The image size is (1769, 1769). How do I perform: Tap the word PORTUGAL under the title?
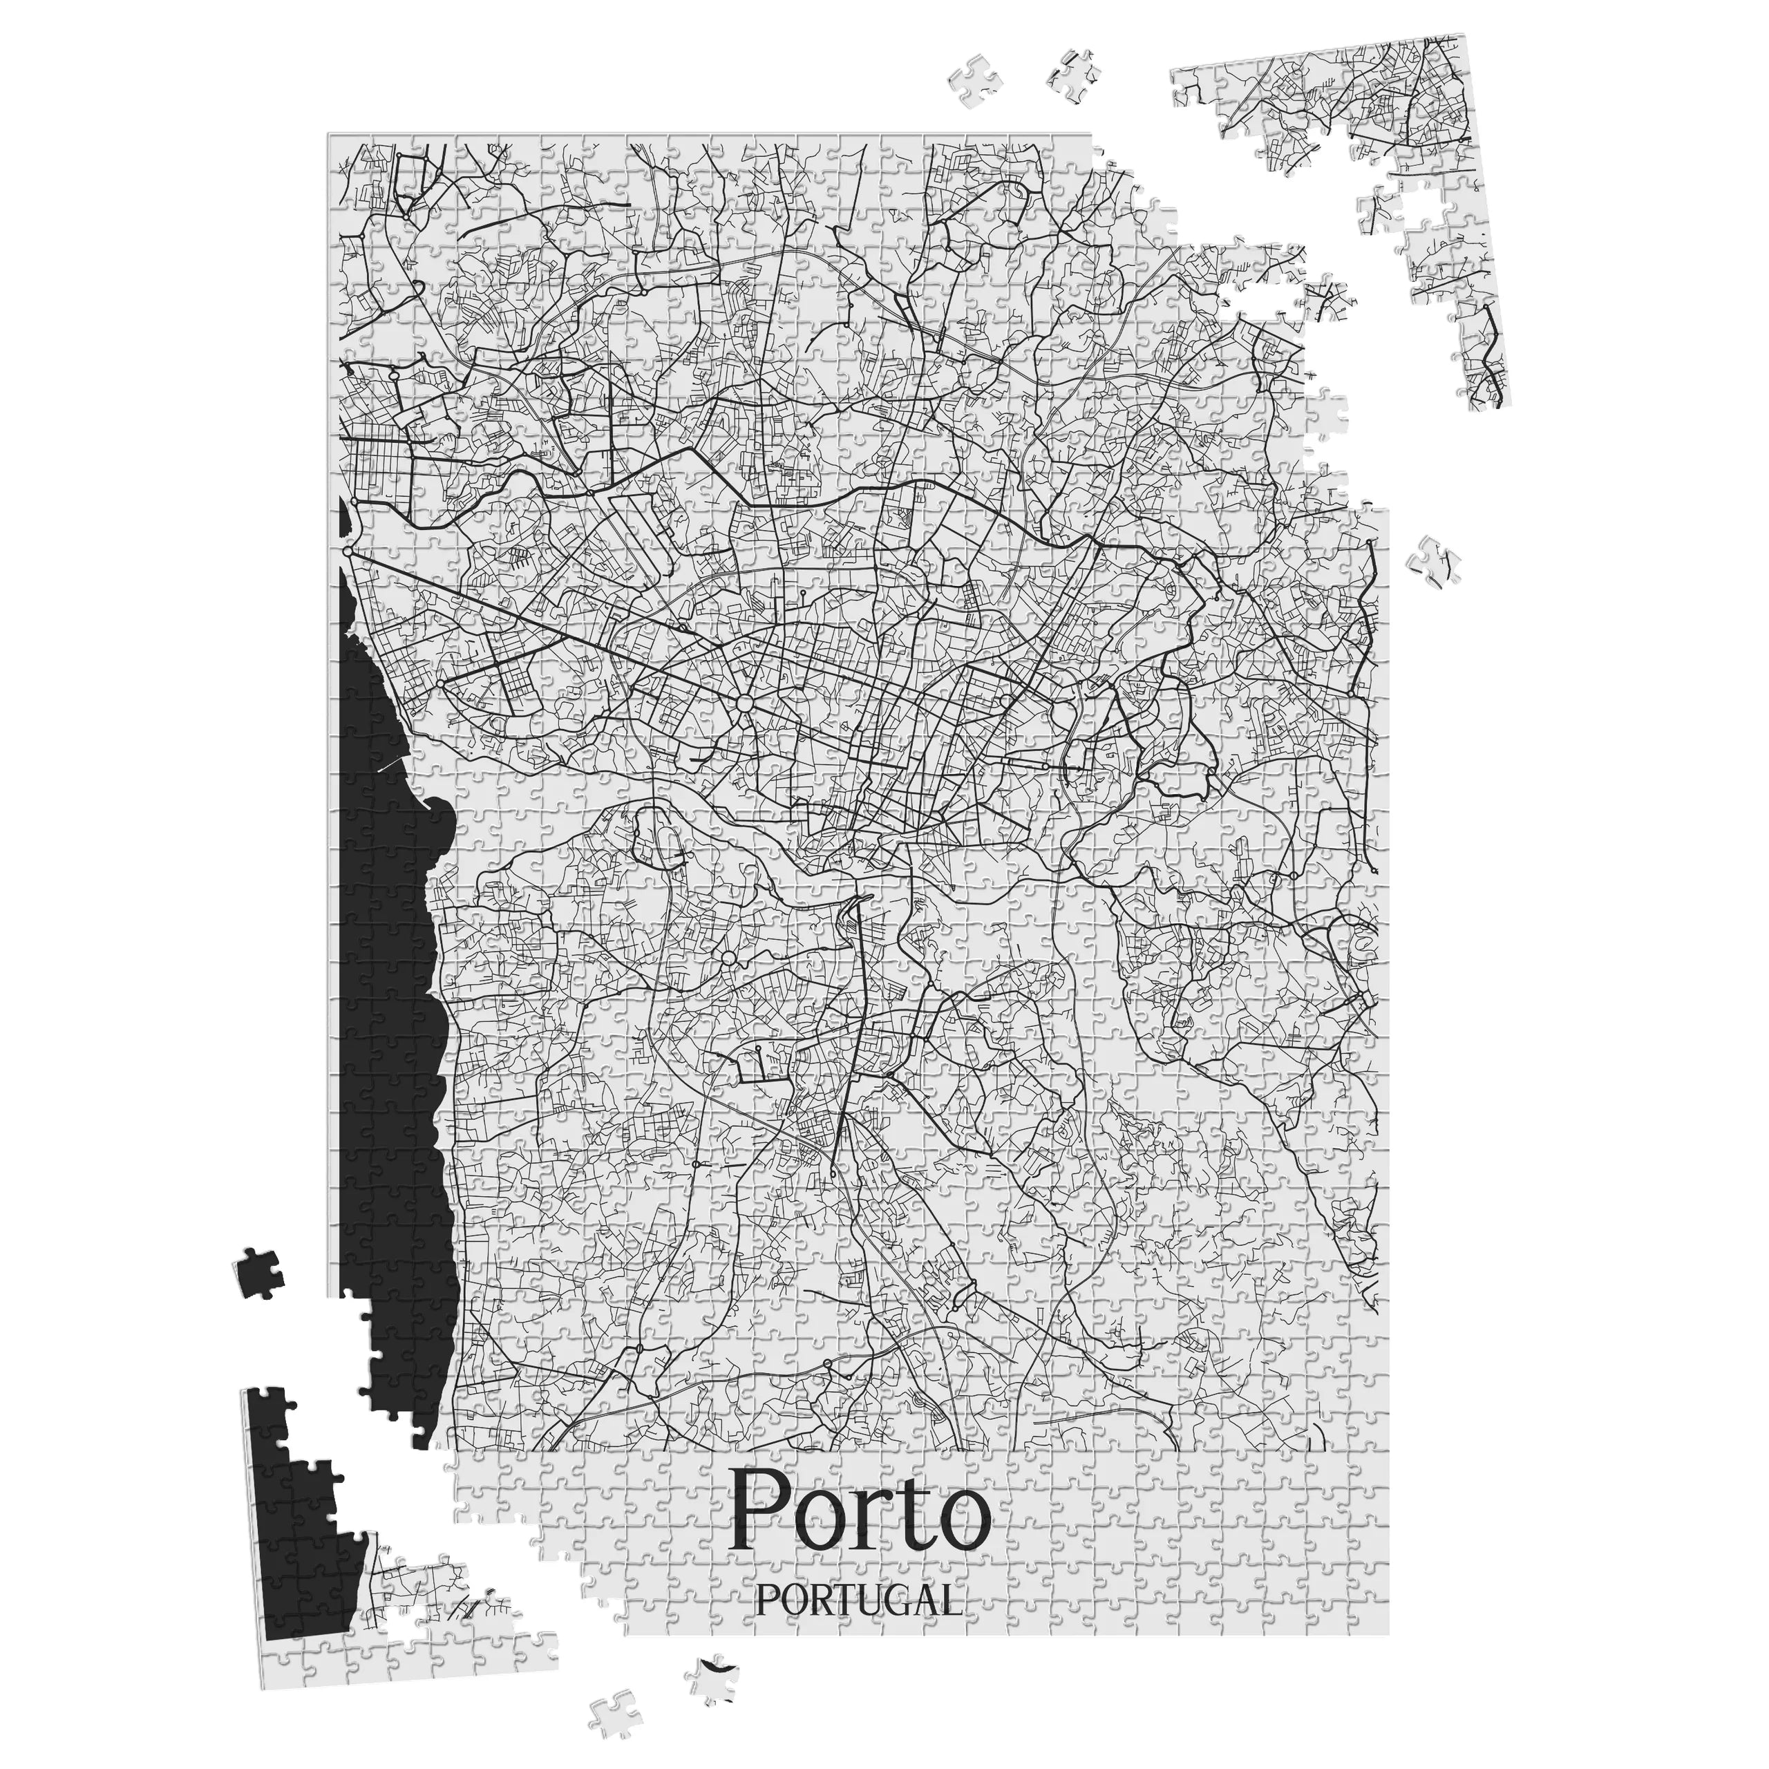860,1600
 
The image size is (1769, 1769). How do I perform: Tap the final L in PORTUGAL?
952,1600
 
